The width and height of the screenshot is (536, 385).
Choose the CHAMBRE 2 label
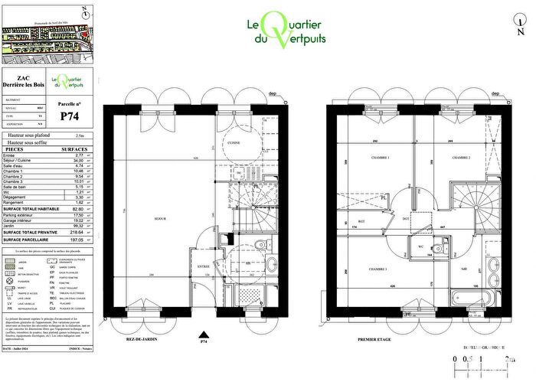pos(459,158)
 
